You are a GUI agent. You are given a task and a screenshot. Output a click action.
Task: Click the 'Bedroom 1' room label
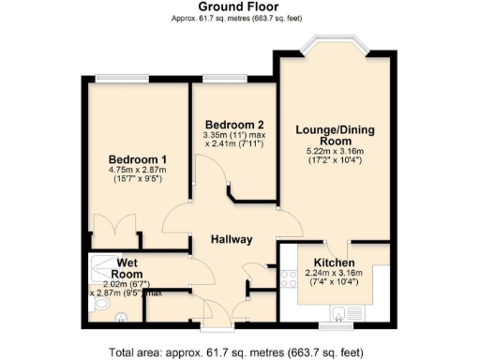(138, 158)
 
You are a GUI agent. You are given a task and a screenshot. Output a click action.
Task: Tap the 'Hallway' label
(231, 239)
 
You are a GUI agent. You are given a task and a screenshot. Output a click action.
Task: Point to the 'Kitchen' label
(333, 262)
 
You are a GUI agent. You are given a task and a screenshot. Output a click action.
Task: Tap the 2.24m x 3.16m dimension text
(333, 275)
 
